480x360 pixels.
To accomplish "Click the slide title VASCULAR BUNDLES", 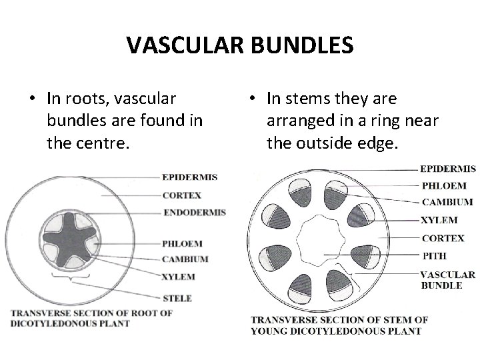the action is pyautogui.click(x=240, y=45).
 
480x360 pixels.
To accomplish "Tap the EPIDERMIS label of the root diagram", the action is pyautogui.click(x=189, y=177).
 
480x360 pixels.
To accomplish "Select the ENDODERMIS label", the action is pyautogui.click(x=194, y=212).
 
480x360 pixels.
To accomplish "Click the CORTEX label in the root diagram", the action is pyautogui.click(x=181, y=195).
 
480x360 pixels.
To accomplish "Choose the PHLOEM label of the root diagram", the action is pyautogui.click(x=182, y=243).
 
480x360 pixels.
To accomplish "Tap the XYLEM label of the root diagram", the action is pyautogui.click(x=178, y=275).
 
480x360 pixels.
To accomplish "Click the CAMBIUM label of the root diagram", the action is pyautogui.click(x=185, y=259).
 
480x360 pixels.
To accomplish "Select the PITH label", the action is pyautogui.click(x=433, y=255).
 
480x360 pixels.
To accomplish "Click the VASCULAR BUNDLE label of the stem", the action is pyautogui.click(x=447, y=279).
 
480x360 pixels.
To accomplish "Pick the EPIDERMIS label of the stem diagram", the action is pyautogui.click(x=448, y=169).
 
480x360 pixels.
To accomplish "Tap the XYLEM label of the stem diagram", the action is pyautogui.click(x=439, y=220).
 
